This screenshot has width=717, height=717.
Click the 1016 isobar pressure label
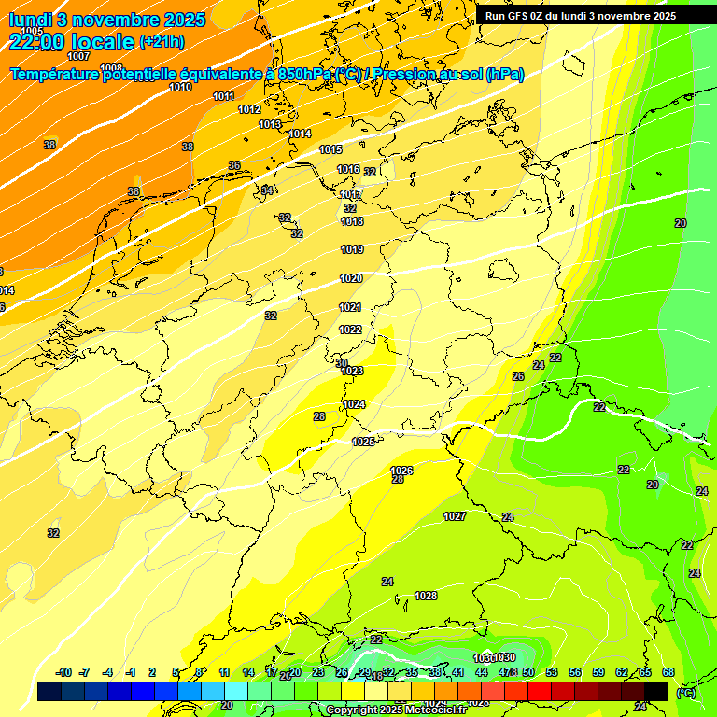tap(348, 169)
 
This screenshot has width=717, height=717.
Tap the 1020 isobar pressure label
tap(351, 278)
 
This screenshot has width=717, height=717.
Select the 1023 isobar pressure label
tap(352, 371)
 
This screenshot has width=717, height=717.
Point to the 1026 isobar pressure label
tap(401, 471)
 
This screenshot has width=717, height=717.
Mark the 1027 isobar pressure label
tap(455, 516)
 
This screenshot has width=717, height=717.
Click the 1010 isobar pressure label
tap(180, 87)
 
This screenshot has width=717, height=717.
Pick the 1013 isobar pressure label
tap(270, 124)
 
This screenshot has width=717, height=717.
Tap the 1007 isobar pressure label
tap(79, 56)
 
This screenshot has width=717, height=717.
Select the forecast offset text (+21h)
tap(161, 42)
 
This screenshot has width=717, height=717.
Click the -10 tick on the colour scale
tap(64, 672)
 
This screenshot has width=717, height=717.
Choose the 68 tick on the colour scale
tap(668, 672)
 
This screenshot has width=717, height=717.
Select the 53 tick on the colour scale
tap(552, 672)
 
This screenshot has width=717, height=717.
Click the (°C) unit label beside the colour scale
tap(685, 693)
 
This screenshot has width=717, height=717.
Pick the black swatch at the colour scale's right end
tap(656, 691)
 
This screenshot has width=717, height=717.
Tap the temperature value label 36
tap(234, 165)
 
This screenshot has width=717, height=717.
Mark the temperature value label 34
tap(267, 190)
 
